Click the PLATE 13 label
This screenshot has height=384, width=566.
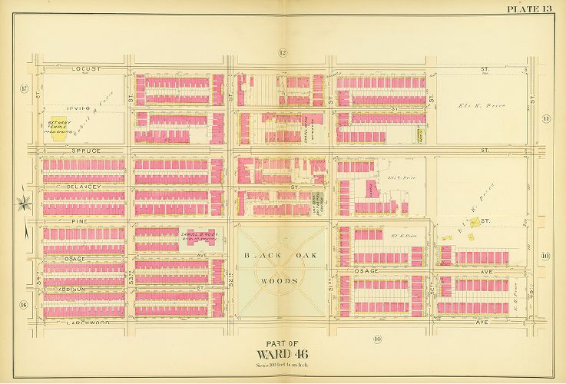pos(530,8)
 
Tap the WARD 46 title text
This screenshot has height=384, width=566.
pos(282,354)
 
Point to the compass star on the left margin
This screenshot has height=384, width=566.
pos(23,204)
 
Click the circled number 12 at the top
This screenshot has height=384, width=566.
pos(282,52)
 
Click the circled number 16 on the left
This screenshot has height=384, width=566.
pos(25,305)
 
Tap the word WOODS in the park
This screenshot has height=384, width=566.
pos(282,281)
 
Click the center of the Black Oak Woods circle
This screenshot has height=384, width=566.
pos(282,269)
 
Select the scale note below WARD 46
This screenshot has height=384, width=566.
pos(282,365)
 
